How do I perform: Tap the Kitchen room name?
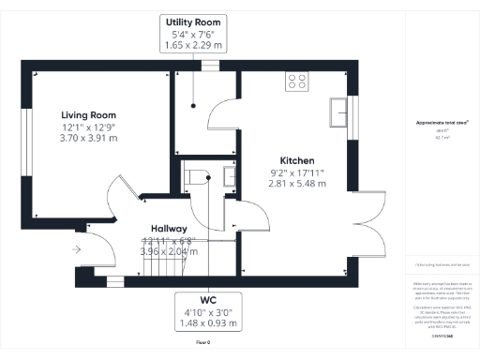tap(296, 160)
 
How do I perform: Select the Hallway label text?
tap(170, 229)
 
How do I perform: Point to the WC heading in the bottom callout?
tap(207, 301)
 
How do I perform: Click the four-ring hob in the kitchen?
tap(299, 81)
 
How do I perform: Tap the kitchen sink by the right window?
tap(336, 112)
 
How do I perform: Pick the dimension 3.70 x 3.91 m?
tap(90, 137)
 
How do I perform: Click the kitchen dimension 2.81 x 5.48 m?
tap(296, 185)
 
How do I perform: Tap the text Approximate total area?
tap(442, 123)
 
